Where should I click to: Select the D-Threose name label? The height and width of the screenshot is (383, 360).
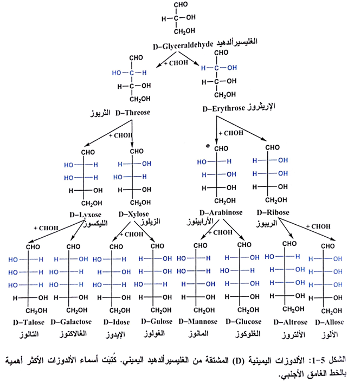(126, 113)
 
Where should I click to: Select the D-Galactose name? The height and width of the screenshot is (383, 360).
(70, 321)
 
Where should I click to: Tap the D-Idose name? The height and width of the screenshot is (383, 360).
(111, 321)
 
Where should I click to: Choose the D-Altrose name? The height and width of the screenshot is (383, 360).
(289, 322)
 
